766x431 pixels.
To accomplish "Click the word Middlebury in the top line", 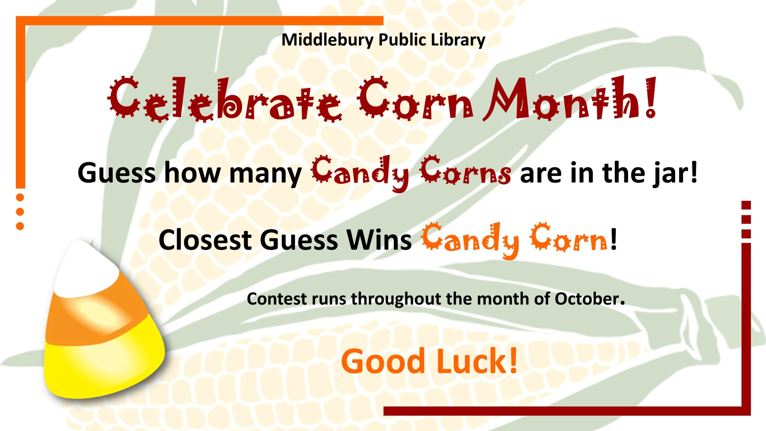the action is click(x=328, y=40).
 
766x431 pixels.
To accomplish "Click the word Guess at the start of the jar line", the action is click(x=117, y=173).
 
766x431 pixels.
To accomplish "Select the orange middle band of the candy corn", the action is click(x=96, y=314).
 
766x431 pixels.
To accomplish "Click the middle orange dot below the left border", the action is click(x=20, y=212).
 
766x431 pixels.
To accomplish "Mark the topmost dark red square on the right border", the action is click(x=746, y=205).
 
